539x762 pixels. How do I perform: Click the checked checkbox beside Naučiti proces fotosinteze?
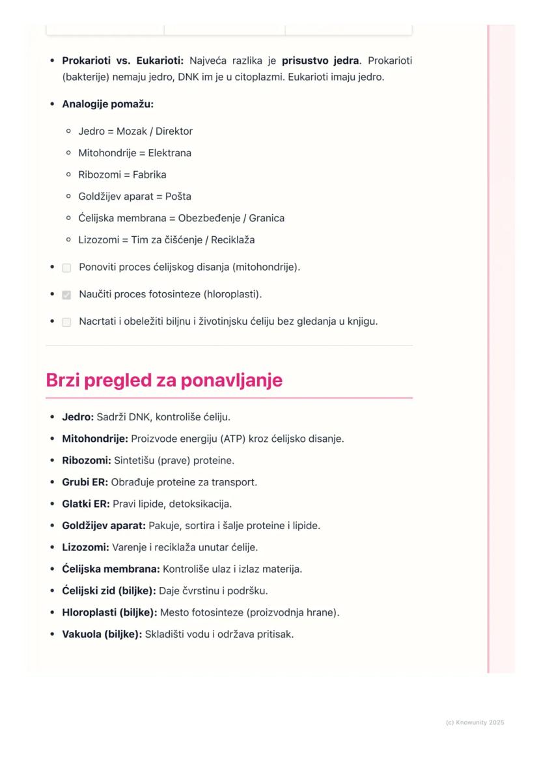click(66, 295)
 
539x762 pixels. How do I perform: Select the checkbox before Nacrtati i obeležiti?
click(66, 322)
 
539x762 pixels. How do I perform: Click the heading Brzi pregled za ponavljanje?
click(164, 381)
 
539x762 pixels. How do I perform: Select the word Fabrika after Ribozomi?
click(148, 174)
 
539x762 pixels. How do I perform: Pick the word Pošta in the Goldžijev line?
click(178, 197)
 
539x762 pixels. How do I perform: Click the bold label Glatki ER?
click(86, 504)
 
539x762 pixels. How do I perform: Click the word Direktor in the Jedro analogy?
click(174, 131)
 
